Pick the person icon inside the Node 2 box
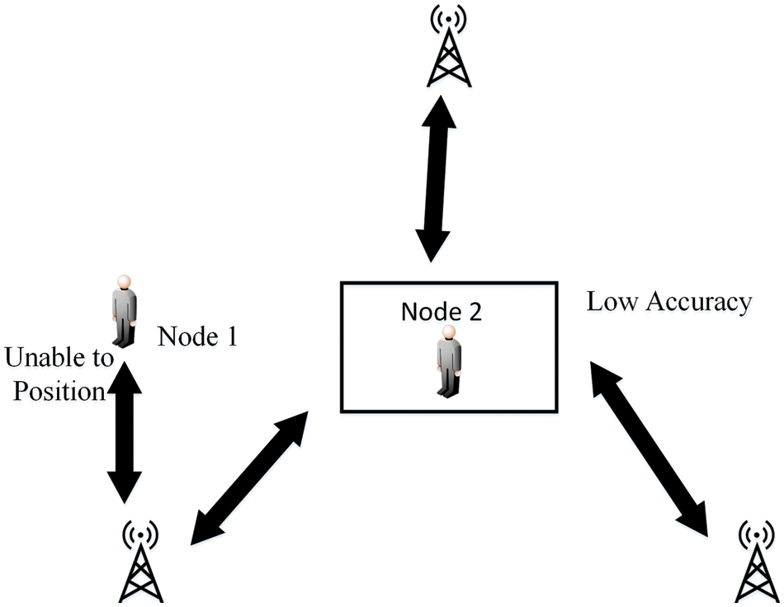pos(448,362)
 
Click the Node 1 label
pos(197,336)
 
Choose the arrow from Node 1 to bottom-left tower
pos(125,432)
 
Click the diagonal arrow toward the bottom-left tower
pos(248,478)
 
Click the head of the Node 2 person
pos(448,332)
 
